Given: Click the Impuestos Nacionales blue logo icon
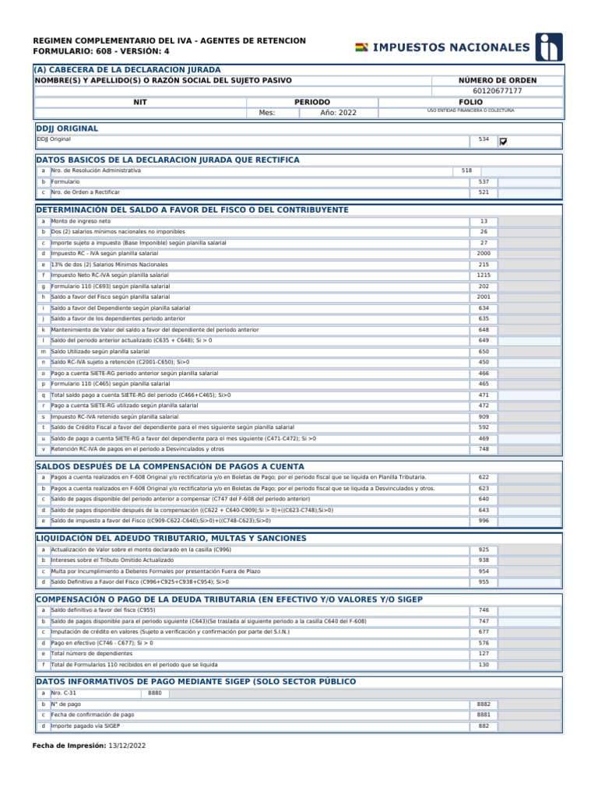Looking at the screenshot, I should tap(551, 47).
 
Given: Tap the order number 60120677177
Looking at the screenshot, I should tap(498, 91).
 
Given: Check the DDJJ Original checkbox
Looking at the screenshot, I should tap(503, 142).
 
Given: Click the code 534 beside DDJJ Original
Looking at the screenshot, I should tap(484, 140).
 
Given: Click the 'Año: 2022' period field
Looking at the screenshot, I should tap(338, 113).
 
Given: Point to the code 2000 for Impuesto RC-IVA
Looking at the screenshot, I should tap(484, 254).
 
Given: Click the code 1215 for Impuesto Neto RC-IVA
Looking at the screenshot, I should tap(484, 276).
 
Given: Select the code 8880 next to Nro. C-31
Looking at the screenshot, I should tap(154, 693).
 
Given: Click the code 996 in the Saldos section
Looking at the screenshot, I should tap(484, 521).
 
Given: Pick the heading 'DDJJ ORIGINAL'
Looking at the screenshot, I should tap(67, 128).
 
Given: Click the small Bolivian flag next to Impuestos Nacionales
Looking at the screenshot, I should tap(362, 48).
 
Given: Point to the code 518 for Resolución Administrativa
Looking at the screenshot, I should tap(466, 170).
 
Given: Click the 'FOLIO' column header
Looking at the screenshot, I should tap(470, 102).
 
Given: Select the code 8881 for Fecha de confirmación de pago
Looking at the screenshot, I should tap(484, 714).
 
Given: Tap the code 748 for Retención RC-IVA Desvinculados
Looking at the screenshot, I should tap(484, 449).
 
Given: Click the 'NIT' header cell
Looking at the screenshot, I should tap(140, 102).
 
